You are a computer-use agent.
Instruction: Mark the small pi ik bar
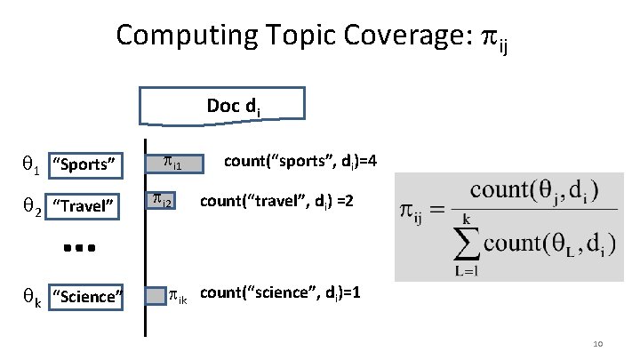click(x=156, y=294)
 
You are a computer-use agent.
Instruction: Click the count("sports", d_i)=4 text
click(x=301, y=162)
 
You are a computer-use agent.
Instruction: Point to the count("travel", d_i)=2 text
click(x=278, y=203)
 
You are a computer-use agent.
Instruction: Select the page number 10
click(x=596, y=343)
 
